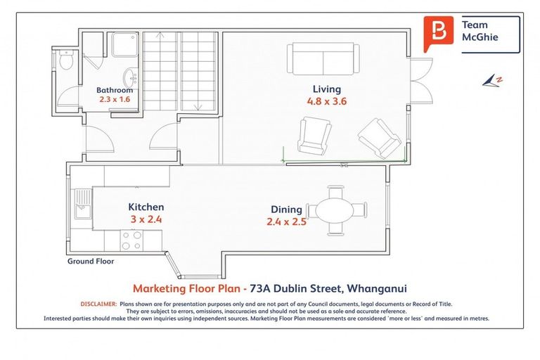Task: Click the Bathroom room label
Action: tap(115, 91)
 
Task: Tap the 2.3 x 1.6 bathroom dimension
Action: tap(115, 100)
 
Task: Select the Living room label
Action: tap(327, 89)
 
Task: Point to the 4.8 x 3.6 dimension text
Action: tap(327, 101)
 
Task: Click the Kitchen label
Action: tap(146, 207)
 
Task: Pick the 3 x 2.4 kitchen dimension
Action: tap(146, 219)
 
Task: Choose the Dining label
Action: tap(286, 210)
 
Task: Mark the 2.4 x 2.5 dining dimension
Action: tap(286, 221)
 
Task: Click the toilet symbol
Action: tap(65, 61)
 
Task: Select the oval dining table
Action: tap(337, 210)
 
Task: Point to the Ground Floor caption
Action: tap(91, 261)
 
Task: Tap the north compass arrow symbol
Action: tap(491, 82)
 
